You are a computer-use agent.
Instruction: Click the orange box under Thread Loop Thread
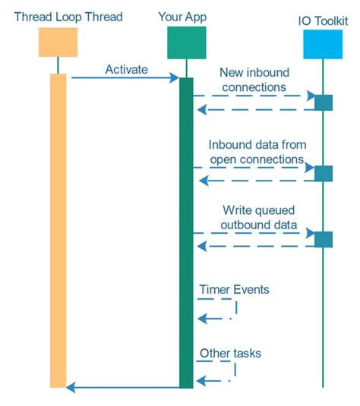pyautogui.click(x=58, y=42)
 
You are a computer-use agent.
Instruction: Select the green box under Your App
pyautogui.click(x=187, y=42)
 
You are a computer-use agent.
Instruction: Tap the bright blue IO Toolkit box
pyautogui.click(x=323, y=44)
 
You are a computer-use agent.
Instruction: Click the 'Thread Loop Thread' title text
pyautogui.click(x=68, y=17)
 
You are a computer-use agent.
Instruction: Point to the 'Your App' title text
pyautogui.click(x=182, y=17)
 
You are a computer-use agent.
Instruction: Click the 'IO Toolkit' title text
pyautogui.click(x=323, y=21)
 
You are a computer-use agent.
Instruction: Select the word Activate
pyautogui.click(x=127, y=69)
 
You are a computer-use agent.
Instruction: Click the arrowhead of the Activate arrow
pyautogui.click(x=174, y=77)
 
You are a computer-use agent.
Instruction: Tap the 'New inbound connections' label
pyautogui.click(x=254, y=80)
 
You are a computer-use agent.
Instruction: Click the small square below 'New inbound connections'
pyautogui.click(x=324, y=102)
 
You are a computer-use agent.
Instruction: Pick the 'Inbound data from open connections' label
pyautogui.click(x=257, y=152)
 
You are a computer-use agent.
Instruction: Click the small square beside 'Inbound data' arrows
pyautogui.click(x=324, y=174)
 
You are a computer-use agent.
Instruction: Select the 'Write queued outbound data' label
pyautogui.click(x=259, y=217)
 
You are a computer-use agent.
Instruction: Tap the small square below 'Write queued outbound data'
pyautogui.click(x=324, y=239)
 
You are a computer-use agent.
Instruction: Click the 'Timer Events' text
pyautogui.click(x=234, y=289)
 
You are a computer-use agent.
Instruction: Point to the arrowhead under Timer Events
pyautogui.click(x=202, y=318)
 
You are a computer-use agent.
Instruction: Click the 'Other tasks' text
pyautogui.click(x=230, y=353)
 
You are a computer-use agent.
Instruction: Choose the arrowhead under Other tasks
pyautogui.click(x=201, y=381)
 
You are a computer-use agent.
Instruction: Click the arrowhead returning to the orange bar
pyautogui.click(x=71, y=387)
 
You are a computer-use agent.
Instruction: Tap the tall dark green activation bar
pyautogui.click(x=186, y=233)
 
